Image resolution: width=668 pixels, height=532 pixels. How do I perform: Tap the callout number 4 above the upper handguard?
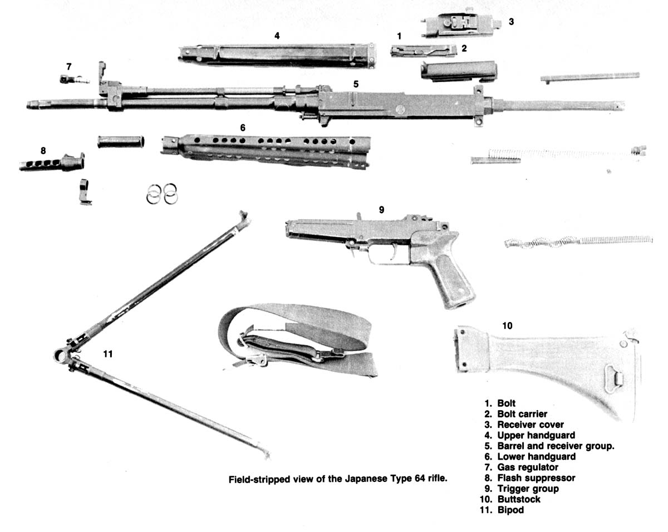277,35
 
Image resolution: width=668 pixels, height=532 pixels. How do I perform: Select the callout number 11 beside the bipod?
109,353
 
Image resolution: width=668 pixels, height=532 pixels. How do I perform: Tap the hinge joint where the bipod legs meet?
61,355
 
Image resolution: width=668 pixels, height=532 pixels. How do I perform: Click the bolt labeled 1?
422,51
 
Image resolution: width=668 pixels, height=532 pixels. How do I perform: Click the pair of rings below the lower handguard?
162,195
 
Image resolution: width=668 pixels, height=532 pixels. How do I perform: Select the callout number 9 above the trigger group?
381,210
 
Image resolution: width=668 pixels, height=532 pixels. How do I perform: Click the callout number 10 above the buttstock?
507,326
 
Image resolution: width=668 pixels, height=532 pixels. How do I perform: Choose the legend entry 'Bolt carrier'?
522,413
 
